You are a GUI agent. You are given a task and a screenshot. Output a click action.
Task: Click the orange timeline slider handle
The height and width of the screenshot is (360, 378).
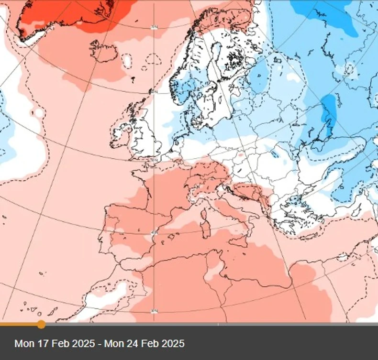[x=41, y=325]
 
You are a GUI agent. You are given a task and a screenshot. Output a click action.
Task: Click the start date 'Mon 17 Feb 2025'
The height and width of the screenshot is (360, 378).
[x=56, y=343]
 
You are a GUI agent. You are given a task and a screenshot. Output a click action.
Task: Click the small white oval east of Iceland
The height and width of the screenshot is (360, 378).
[x=127, y=60]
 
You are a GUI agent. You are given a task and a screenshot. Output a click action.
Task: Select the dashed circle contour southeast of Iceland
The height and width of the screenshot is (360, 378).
[x=154, y=59]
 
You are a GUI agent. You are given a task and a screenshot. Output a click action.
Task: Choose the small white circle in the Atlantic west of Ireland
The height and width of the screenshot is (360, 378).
[x=37, y=113]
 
